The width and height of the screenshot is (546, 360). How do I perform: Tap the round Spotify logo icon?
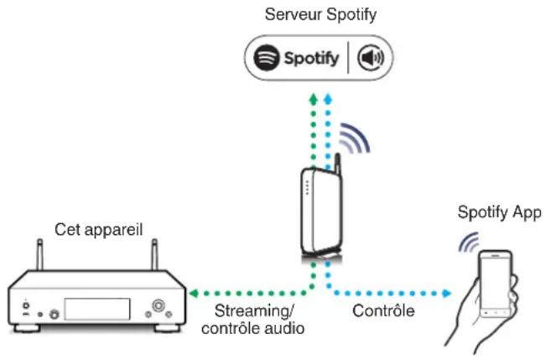[x=267, y=59]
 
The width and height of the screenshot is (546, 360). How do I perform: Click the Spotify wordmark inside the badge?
[x=311, y=59]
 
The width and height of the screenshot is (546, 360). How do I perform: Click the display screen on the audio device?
[x=96, y=308]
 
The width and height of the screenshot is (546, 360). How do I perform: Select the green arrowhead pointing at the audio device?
[x=193, y=293]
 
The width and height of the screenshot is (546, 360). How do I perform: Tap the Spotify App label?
[x=499, y=211]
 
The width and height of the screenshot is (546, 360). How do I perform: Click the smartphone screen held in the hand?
[x=497, y=285]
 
